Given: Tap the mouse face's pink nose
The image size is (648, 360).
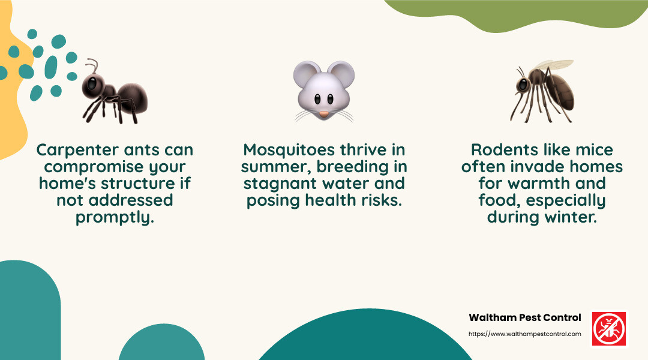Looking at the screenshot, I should [x=323, y=113].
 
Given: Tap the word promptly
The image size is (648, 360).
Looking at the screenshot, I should [x=115, y=217].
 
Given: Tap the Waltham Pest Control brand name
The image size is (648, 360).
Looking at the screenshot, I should [x=524, y=317].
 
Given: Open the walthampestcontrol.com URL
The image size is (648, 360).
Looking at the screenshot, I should [x=524, y=334].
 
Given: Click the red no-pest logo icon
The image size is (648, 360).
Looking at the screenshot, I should [x=608, y=328].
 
